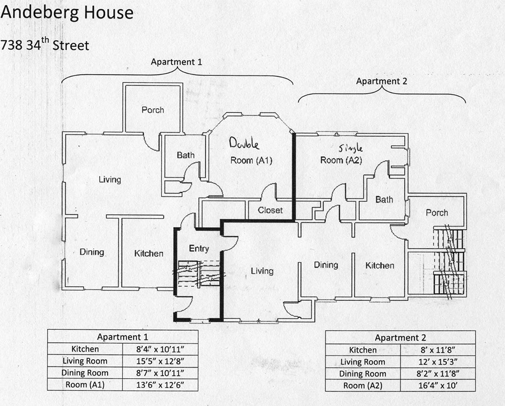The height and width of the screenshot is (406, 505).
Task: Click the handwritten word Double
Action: coord(244,143)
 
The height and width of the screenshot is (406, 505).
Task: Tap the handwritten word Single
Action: coord(351,148)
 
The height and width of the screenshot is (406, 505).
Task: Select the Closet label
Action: coord(270,210)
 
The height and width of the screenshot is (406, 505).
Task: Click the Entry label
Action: coord(199,248)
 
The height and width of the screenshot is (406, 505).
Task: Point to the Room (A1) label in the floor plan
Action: coord(251,160)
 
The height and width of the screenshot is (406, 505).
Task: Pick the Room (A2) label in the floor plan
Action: coord(341,160)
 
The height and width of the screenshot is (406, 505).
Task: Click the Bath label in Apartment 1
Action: coord(186,155)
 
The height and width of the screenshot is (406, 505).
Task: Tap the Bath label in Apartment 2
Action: coord(384,200)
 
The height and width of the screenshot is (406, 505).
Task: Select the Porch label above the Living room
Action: coord(153,110)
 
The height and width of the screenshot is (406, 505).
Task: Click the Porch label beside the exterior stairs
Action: coord(437,213)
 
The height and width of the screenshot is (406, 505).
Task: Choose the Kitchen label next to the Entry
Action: coord(149,254)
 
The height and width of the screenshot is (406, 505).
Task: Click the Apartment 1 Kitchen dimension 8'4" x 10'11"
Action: coord(160,349)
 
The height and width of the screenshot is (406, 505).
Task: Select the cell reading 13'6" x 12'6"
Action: coord(160,385)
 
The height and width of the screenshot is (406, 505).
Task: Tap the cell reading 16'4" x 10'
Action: coord(438,385)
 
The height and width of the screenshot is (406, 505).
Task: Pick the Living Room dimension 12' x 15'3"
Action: coord(438,362)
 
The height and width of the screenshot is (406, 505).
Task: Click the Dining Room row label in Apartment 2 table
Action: coord(363,374)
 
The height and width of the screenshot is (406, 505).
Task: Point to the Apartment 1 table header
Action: coord(123,337)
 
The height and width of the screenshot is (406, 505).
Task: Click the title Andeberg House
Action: coord(67,13)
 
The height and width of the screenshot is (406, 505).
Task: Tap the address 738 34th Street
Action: coord(45,44)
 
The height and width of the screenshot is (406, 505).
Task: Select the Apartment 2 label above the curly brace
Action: coord(382,81)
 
